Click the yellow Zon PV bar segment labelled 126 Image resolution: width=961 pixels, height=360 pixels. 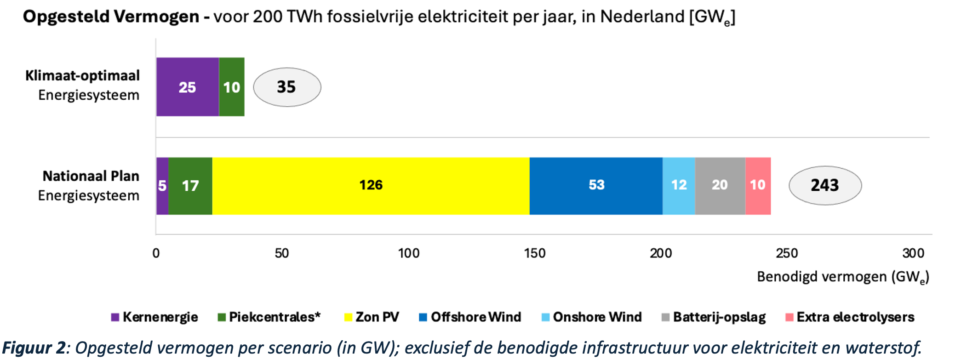coord(371,186)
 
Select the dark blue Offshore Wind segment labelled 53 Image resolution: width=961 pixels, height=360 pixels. coord(596,186)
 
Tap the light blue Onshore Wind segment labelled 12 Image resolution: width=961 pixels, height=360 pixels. coord(679,186)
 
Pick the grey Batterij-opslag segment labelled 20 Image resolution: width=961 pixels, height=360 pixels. coord(720,186)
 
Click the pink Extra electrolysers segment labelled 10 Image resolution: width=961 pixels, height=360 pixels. coord(758,186)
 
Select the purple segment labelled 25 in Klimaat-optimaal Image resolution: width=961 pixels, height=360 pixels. coord(187,87)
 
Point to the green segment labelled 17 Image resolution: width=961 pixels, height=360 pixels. coord(190,186)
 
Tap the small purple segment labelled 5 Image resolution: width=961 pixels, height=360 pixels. coord(162,186)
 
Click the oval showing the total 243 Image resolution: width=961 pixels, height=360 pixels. coord(825,185)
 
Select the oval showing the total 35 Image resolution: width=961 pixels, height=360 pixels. coord(287,87)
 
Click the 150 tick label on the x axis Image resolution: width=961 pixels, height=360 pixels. coord(535,253)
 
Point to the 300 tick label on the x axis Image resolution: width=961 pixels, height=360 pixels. coord(913,253)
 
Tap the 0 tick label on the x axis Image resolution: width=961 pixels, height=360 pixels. coord(156,253)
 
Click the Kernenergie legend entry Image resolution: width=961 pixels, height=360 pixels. coord(155,317)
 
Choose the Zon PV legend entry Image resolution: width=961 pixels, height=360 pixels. coord(372,317)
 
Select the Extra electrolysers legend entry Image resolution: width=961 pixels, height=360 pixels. coord(850,317)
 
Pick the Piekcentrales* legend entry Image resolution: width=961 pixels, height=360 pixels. coord(269,317)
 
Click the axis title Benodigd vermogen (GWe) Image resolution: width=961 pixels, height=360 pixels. coord(843,277)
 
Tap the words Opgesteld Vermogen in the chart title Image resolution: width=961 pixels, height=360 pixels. coord(111,17)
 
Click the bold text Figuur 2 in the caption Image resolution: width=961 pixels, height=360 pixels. coord(34,348)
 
